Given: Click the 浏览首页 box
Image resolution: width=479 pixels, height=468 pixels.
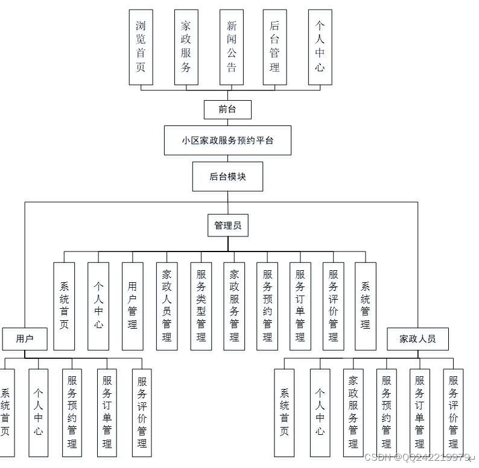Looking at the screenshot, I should click(x=141, y=46).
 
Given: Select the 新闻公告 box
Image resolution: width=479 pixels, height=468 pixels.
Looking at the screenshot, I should click(x=232, y=46).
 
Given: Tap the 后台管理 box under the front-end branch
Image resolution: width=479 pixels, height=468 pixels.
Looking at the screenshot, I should click(x=274, y=46).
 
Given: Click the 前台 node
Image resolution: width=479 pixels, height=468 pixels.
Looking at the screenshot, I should click(x=227, y=109).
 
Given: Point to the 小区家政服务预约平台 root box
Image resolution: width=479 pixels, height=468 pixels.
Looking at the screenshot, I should click(x=227, y=141).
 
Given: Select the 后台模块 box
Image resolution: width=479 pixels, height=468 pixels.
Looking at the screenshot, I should click(x=227, y=176).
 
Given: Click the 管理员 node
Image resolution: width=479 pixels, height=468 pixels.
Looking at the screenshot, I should click(x=227, y=226).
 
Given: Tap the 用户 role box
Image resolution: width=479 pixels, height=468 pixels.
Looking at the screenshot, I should click(x=25, y=338).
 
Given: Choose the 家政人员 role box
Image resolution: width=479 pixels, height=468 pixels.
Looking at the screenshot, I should click(x=417, y=338).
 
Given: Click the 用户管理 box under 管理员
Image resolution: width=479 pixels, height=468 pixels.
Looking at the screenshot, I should click(x=133, y=306).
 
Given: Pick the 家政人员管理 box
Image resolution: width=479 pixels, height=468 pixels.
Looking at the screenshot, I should click(x=167, y=306).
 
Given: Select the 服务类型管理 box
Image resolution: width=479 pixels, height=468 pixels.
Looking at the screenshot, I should click(x=201, y=306).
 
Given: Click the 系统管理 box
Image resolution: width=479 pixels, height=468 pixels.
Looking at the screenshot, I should click(x=366, y=306).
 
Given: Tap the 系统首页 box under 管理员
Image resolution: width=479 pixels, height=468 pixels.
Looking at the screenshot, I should click(x=65, y=306).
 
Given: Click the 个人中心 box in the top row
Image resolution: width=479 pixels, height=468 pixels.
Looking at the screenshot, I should click(x=320, y=46).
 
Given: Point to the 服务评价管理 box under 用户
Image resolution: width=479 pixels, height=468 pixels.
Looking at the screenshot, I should click(x=142, y=412).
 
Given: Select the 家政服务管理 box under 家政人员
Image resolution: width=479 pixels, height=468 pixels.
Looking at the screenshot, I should click(x=354, y=412).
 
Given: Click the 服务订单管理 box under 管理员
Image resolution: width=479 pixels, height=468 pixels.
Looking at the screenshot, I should click(x=300, y=306).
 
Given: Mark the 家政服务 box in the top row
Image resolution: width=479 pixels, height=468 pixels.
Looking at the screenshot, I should click(x=186, y=46).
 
